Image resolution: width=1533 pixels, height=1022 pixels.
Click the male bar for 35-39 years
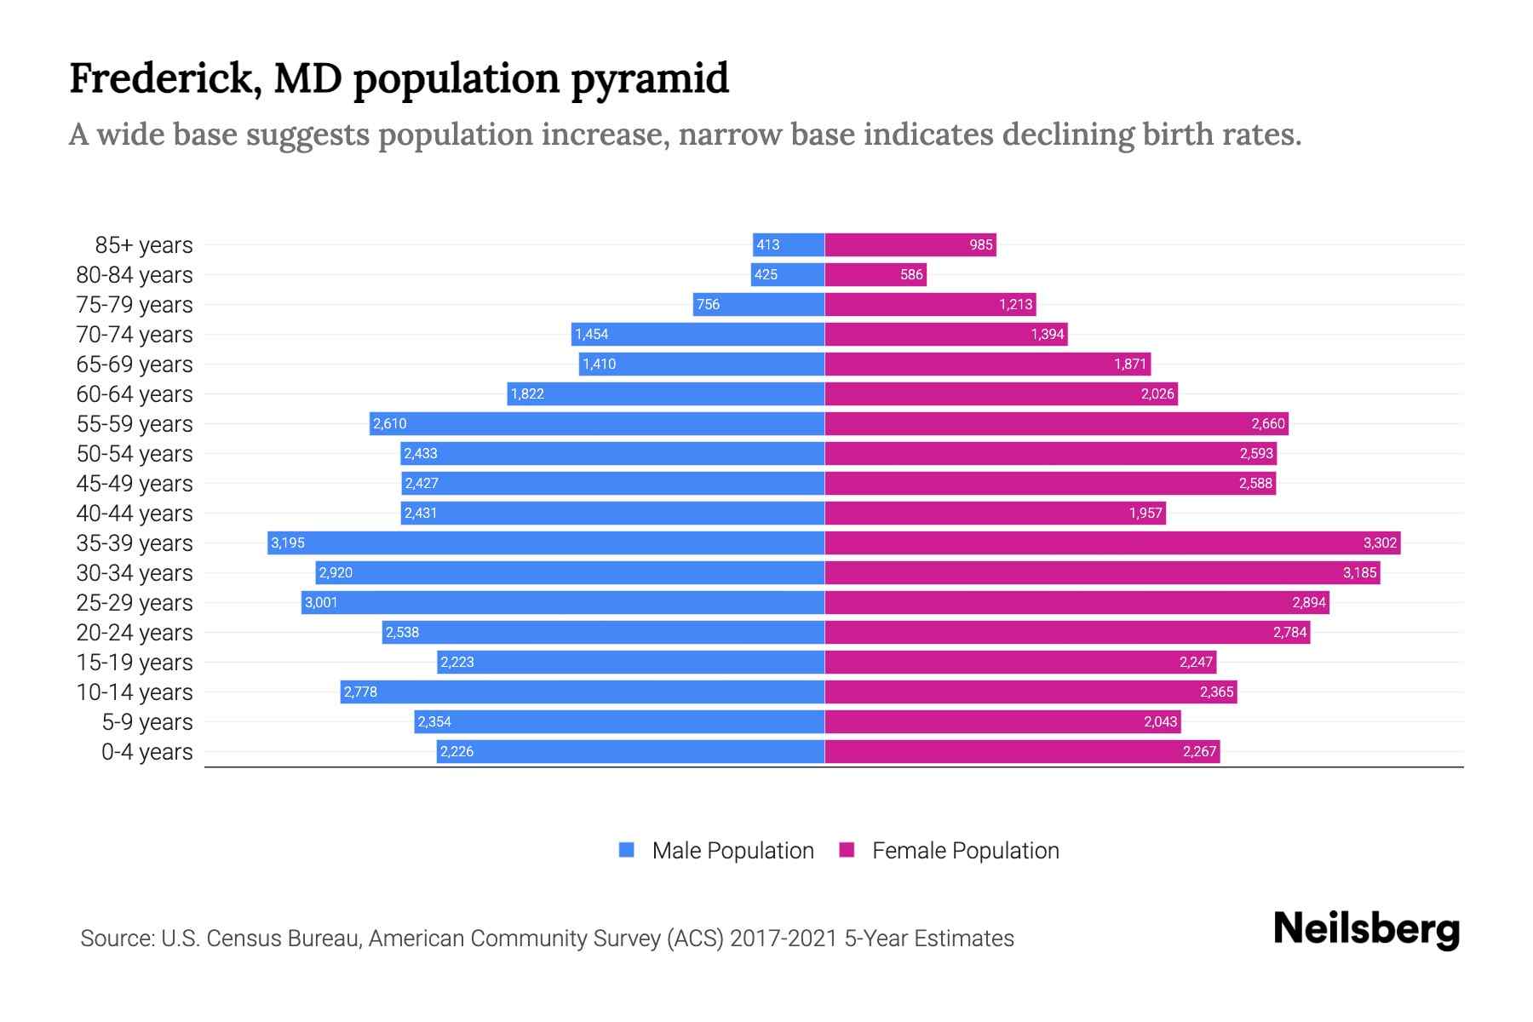click(545, 543)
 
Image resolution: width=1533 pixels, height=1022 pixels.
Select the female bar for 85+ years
click(910, 244)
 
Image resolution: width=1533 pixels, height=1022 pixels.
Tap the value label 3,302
click(1380, 543)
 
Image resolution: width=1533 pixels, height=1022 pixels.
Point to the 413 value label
click(767, 244)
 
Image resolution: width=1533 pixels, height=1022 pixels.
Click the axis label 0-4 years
click(146, 751)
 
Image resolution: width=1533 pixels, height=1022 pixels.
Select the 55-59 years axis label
click(135, 423)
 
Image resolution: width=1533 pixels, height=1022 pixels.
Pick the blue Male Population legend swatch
click(627, 850)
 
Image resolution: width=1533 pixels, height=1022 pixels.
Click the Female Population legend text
click(965, 850)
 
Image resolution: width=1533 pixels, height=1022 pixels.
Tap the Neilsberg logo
click(1366, 929)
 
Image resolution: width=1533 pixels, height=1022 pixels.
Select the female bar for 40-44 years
click(995, 513)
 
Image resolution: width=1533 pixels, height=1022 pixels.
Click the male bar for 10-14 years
click(582, 692)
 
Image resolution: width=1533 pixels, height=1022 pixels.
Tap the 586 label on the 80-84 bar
click(910, 274)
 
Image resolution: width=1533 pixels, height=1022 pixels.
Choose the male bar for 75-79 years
click(758, 304)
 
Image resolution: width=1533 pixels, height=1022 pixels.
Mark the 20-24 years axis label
click(135, 632)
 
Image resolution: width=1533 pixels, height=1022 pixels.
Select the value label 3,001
click(321, 602)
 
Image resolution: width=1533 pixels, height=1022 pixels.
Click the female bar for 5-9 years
click(1002, 721)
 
